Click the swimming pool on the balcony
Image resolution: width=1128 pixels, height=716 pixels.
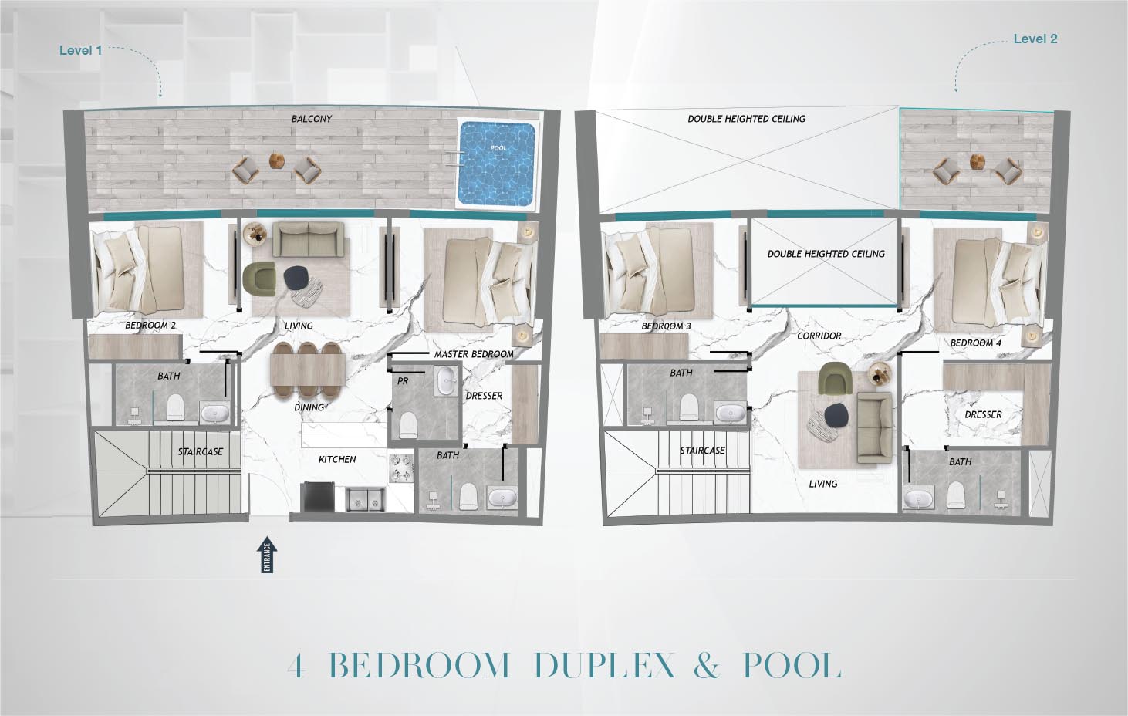tap(495, 164)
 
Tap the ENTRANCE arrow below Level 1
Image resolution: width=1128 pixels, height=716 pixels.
tap(267, 555)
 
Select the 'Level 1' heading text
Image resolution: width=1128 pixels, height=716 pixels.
tap(80, 50)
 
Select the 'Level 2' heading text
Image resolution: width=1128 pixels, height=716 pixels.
tap(1035, 39)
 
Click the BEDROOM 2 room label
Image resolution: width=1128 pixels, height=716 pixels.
tap(150, 326)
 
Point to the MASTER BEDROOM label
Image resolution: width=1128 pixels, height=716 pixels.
tap(474, 354)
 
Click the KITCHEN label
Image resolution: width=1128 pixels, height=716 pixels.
tap(337, 459)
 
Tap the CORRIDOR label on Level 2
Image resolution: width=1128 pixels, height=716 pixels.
tap(819, 336)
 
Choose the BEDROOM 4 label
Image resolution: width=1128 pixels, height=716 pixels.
tap(975, 343)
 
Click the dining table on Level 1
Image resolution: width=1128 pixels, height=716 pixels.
tap(308, 370)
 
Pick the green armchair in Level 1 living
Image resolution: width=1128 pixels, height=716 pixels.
tap(259, 279)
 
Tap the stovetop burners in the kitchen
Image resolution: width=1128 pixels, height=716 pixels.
tap(401, 468)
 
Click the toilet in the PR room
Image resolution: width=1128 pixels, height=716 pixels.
tap(408, 425)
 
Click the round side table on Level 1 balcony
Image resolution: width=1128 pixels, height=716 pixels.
tap(276, 160)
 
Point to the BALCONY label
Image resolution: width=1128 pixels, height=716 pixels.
tap(311, 119)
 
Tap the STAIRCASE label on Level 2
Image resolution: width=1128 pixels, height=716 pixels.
tap(702, 451)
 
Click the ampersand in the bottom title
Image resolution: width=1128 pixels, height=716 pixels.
tap(707, 666)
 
